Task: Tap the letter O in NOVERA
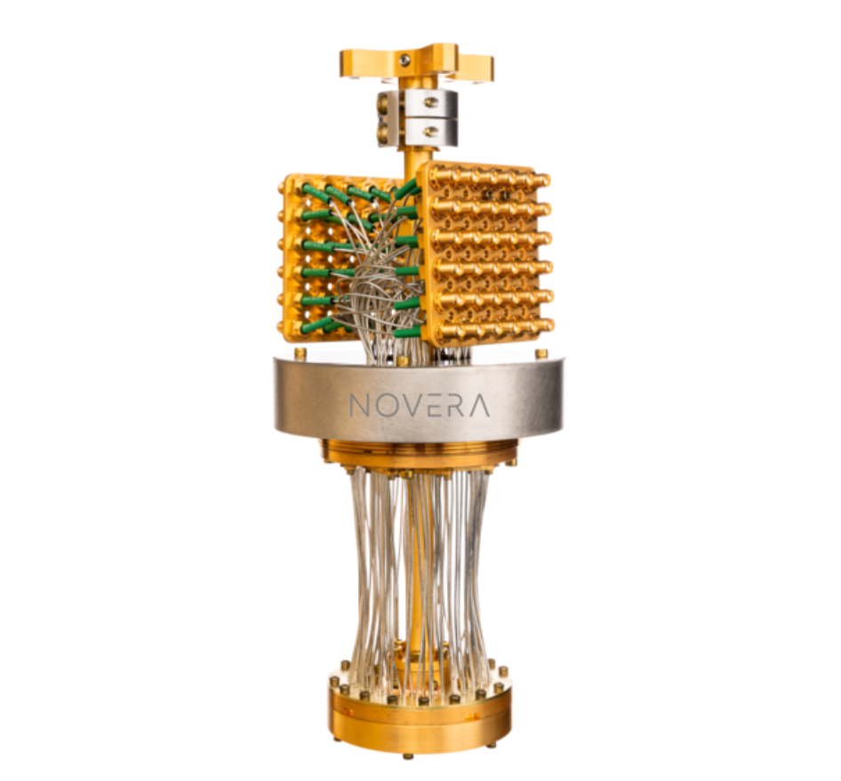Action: [384, 406]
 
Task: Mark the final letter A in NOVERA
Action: [477, 406]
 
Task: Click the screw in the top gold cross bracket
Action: [405, 60]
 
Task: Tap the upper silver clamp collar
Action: [419, 103]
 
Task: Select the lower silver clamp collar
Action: [419, 132]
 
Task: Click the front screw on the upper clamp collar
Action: [430, 101]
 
